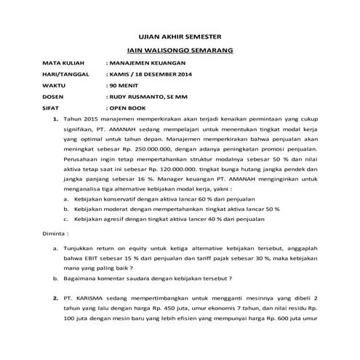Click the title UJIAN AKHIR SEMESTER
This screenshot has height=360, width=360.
pyautogui.click(x=179, y=36)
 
